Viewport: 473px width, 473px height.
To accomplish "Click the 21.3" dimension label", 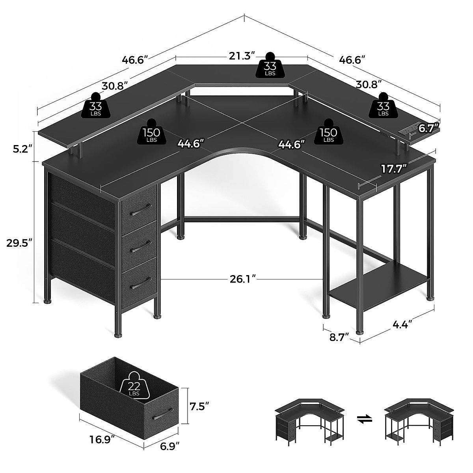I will tap(242, 56).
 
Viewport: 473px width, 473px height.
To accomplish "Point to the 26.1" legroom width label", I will tap(242, 279).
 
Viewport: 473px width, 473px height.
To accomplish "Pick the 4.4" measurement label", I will tap(402, 324).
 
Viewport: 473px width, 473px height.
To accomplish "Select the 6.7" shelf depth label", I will tap(428, 128).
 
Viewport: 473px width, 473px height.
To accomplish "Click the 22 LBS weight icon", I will tap(135, 385).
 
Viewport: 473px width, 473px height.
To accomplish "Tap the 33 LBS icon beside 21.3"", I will tap(270, 65).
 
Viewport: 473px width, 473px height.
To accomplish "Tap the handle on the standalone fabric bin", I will tap(163, 415).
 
